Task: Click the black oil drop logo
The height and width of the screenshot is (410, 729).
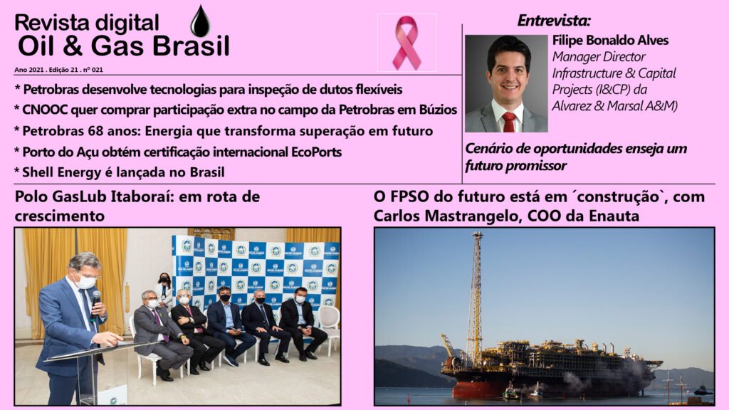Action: pyautogui.click(x=200, y=22)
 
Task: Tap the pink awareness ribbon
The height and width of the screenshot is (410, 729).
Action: pyautogui.click(x=407, y=42)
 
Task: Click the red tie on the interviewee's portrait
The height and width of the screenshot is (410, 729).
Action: pyautogui.click(x=509, y=122)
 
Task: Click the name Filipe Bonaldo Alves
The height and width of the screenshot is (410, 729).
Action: pyautogui.click(x=610, y=41)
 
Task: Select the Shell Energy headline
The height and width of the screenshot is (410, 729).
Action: pyautogui.click(x=119, y=172)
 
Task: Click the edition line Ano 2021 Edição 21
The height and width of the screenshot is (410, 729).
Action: pyautogui.click(x=58, y=70)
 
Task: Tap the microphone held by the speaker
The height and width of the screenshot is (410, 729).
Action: pyautogui.click(x=95, y=302)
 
